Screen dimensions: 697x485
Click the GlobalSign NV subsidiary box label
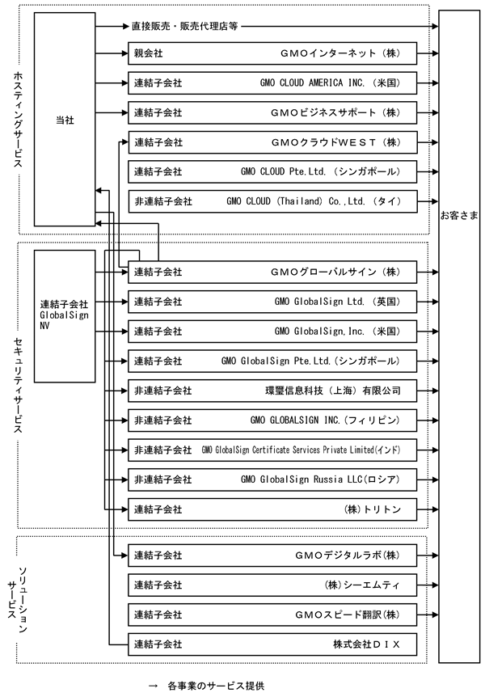tap(64, 312)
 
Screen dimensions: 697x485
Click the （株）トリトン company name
tap(372, 509)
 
